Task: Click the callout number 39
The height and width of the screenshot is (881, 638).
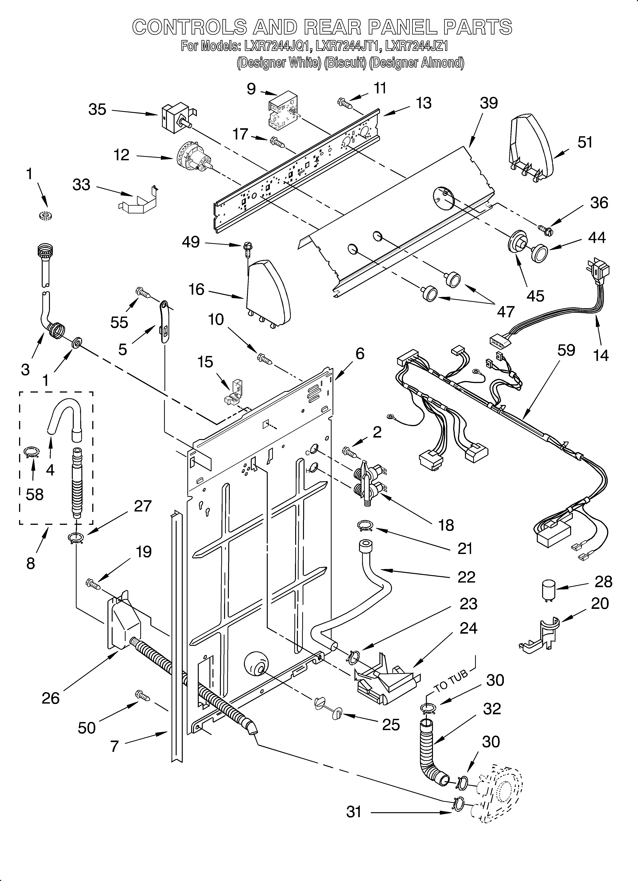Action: point(488,103)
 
